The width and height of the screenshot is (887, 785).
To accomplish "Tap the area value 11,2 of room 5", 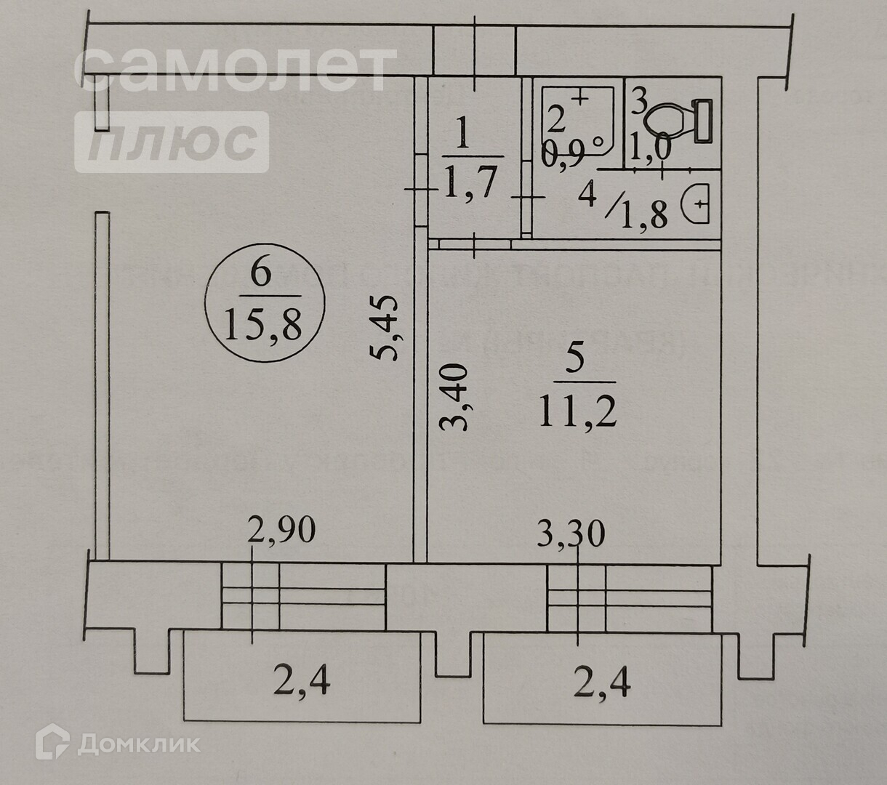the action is tap(578, 413).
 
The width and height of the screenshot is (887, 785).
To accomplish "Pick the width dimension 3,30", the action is tap(571, 536).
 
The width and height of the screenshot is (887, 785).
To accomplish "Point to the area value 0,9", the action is tap(563, 157).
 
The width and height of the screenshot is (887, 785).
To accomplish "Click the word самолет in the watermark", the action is tap(234, 69).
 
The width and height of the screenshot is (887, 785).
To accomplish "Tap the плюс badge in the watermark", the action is tap(172, 142).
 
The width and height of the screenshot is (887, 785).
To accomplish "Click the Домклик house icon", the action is tap(52, 744).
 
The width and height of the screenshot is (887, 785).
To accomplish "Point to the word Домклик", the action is tap(138, 744).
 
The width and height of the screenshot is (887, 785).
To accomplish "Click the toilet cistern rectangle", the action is tap(702, 121).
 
